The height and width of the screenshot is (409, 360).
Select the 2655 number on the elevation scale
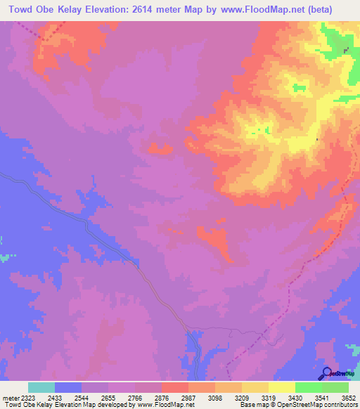point(108,398)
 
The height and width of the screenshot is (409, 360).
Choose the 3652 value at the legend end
point(349,398)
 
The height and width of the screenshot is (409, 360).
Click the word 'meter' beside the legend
point(8,398)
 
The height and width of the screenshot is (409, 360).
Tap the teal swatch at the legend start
point(41,387)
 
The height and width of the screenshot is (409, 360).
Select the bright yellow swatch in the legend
point(281,387)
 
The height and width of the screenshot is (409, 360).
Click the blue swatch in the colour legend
point(67,387)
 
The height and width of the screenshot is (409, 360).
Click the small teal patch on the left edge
point(6,257)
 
